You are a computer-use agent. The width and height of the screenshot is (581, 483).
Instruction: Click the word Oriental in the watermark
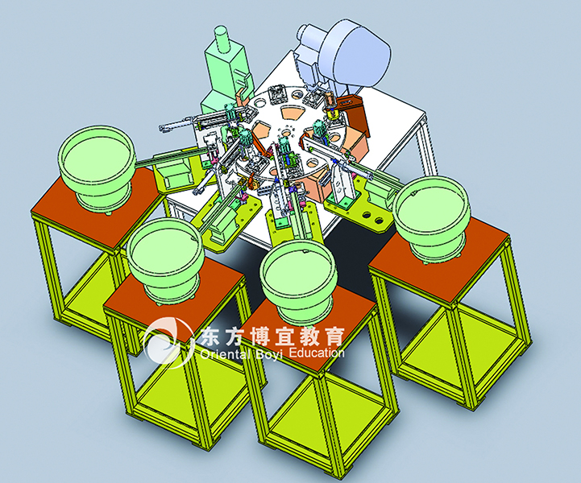[x=224, y=354]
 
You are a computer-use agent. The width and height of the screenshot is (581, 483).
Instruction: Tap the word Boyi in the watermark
[x=268, y=354]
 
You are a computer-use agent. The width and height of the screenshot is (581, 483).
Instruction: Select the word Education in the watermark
[x=317, y=353]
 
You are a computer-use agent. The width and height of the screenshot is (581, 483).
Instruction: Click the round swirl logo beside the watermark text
[x=169, y=342]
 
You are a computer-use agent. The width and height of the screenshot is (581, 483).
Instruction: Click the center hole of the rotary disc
[x=286, y=132]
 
